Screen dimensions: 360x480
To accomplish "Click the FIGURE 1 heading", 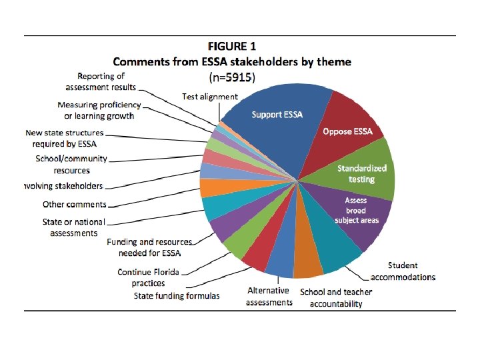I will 231,47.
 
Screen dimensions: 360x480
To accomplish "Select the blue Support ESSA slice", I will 277,115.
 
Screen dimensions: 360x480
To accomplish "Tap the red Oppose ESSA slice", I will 347,131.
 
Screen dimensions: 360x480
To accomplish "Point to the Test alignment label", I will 209,97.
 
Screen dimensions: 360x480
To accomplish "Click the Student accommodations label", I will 403,272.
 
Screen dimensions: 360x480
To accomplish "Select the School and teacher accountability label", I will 336,297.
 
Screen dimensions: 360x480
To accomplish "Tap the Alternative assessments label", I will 269,296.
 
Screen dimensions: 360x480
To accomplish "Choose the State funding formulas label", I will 176,295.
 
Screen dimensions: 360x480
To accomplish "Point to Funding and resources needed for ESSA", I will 149,247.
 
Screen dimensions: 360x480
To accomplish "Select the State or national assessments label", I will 74,227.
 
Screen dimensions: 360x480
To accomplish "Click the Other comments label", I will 75,205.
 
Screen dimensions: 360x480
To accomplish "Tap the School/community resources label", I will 71,165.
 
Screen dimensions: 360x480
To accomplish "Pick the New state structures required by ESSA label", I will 65,138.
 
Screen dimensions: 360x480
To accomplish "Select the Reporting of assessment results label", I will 101,81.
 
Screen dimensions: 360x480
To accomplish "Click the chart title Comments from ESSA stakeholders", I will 231,62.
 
